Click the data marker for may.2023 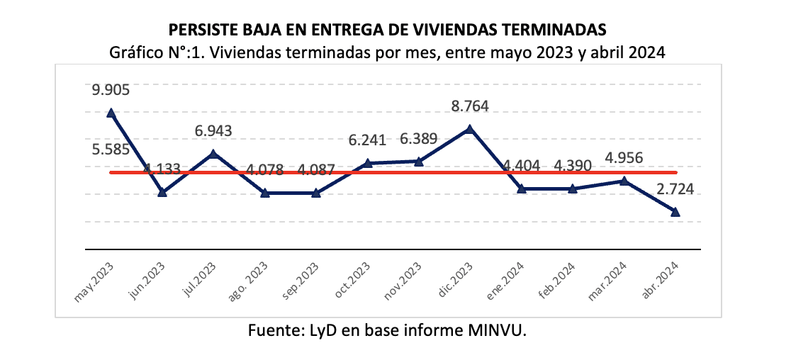point(111,113)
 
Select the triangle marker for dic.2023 point(469,129)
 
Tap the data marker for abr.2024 point(675,211)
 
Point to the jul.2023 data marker point(214,153)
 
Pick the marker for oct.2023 point(367,163)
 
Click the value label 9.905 point(111,90)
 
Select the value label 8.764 point(470,107)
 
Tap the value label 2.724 point(675,190)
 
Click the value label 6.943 point(213,131)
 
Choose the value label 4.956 point(624,157)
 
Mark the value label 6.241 point(367,140)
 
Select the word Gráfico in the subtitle point(135,52)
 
